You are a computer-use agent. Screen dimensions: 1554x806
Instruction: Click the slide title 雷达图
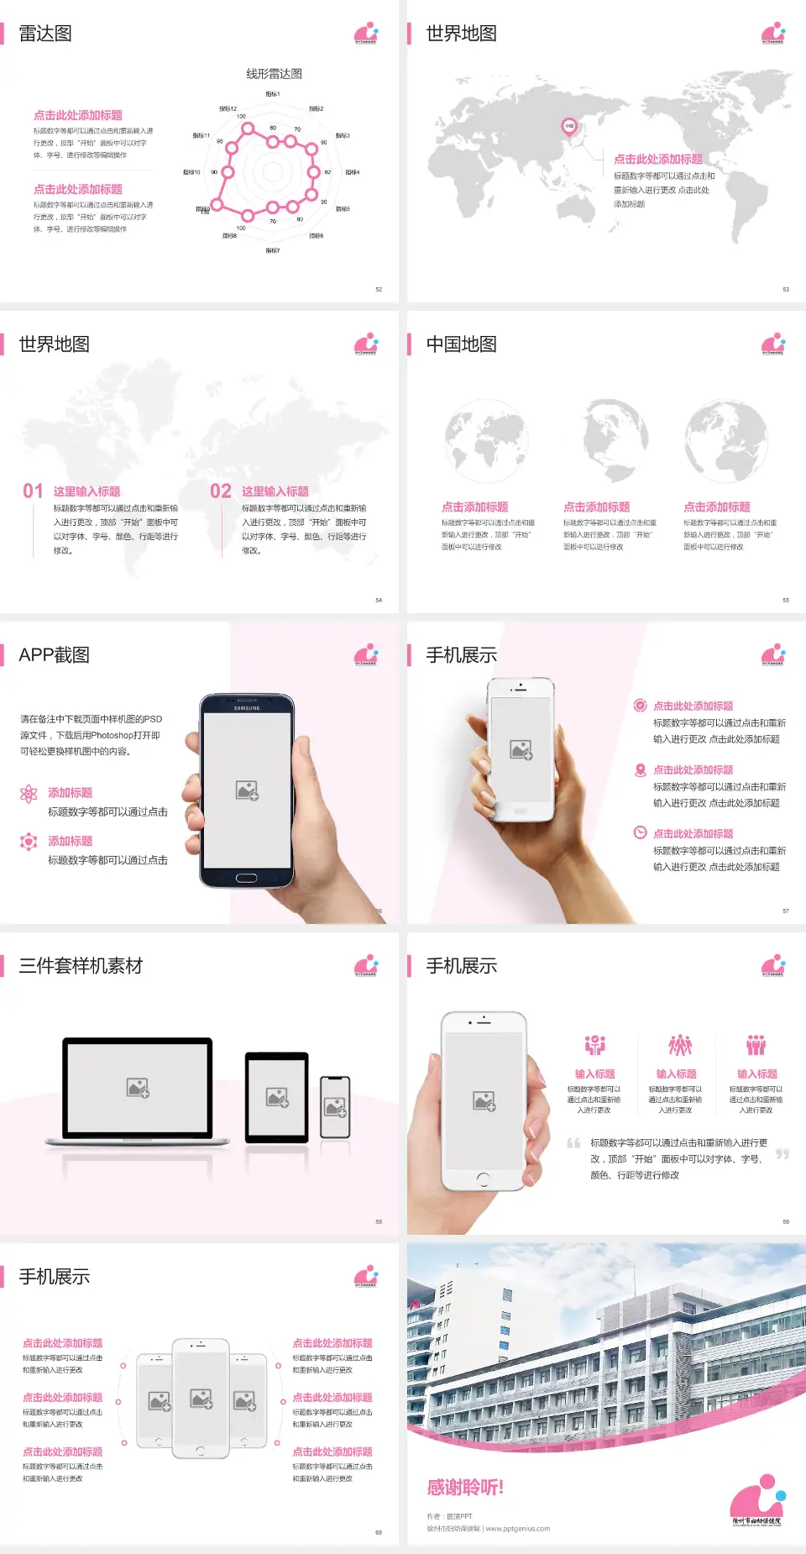45,34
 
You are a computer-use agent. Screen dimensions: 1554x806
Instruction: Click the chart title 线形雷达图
274,74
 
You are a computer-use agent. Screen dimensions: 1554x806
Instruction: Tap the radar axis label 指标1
273,94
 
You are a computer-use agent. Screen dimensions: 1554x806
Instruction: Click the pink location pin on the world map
568,127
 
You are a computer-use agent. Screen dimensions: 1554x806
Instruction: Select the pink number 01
33,491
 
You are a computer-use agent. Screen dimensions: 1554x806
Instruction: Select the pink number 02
221,491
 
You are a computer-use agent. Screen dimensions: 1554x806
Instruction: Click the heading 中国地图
461,344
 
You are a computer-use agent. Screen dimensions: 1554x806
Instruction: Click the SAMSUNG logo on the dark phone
247,708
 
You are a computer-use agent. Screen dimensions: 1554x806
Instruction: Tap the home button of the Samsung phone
247,878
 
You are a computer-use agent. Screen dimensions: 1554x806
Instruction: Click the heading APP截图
54,655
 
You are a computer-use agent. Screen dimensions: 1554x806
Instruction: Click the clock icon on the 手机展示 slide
640,832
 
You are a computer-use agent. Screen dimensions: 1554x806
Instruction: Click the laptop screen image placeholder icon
138,1088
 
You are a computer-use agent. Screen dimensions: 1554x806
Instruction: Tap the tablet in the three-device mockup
277,1096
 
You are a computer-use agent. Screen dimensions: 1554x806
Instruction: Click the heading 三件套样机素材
81,966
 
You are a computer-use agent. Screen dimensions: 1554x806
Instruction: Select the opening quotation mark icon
573,1143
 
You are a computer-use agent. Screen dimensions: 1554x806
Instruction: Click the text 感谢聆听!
465,1488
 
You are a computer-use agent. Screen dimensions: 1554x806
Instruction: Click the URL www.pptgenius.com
517,1529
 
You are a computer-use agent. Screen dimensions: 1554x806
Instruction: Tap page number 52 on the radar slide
379,289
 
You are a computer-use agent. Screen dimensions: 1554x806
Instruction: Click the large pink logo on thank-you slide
756,1499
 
